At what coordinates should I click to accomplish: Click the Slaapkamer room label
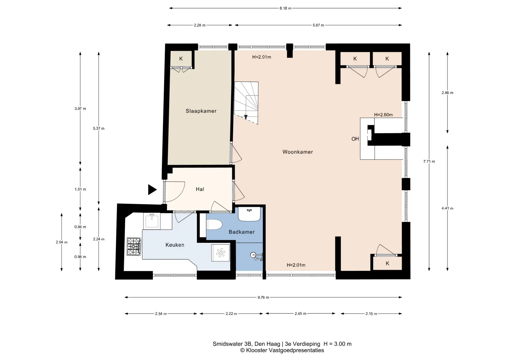click(x=201, y=111)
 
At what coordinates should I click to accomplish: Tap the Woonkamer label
click(x=298, y=152)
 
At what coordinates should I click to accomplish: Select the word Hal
click(x=200, y=189)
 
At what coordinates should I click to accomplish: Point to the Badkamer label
click(x=242, y=232)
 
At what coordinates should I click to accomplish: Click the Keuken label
click(x=175, y=245)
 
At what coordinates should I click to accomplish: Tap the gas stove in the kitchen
click(x=134, y=247)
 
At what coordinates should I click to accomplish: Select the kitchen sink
click(x=152, y=221)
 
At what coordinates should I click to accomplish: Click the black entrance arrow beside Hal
click(x=152, y=190)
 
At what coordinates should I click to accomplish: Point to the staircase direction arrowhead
click(x=246, y=117)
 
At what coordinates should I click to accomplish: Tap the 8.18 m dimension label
click(x=285, y=8)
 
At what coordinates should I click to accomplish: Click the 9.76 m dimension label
click(x=263, y=297)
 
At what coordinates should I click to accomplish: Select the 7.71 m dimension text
click(x=429, y=161)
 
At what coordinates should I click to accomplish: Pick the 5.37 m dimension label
click(x=99, y=128)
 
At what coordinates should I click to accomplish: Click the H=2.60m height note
click(x=383, y=115)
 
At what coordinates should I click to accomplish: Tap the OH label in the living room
click(x=355, y=139)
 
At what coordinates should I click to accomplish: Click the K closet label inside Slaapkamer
click(x=181, y=59)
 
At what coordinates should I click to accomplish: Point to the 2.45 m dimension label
click(x=300, y=314)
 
